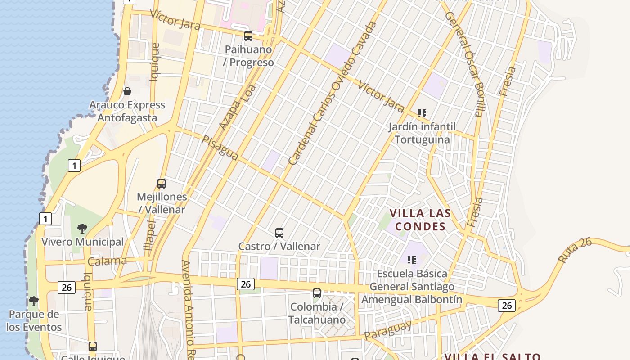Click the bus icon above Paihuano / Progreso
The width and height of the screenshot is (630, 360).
pyautogui.click(x=248, y=36)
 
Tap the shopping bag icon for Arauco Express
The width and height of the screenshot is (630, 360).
pyautogui.click(x=127, y=91)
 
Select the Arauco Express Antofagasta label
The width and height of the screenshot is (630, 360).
pyautogui.click(x=127, y=112)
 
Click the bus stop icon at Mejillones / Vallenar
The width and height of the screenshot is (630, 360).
pyautogui.click(x=162, y=184)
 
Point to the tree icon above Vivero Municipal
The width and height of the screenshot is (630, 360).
pyautogui.click(x=82, y=229)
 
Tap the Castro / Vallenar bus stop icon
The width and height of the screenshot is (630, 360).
pyautogui.click(x=279, y=233)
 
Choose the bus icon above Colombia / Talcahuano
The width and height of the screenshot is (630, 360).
pyautogui.click(x=317, y=293)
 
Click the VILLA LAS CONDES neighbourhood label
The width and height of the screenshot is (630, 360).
pyautogui.click(x=420, y=220)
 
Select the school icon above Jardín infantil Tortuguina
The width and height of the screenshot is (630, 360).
pyautogui.click(x=422, y=113)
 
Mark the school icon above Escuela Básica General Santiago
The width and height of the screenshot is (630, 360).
pyautogui.click(x=411, y=260)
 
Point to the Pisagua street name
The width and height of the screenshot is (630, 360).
pyautogui.click(x=220, y=148)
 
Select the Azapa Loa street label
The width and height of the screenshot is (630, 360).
pyautogui.click(x=237, y=108)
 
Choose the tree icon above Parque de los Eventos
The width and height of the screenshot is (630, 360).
pyautogui.click(x=33, y=301)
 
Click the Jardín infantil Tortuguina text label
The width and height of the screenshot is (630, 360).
pyautogui.click(x=422, y=133)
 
